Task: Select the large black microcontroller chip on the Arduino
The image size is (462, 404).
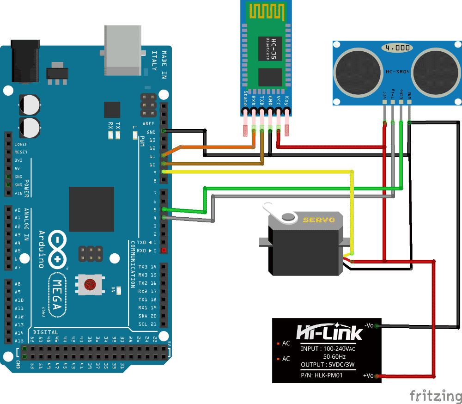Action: click(x=91, y=209)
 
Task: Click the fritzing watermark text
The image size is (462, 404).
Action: click(x=435, y=396)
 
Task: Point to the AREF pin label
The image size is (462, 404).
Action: click(x=149, y=123)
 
